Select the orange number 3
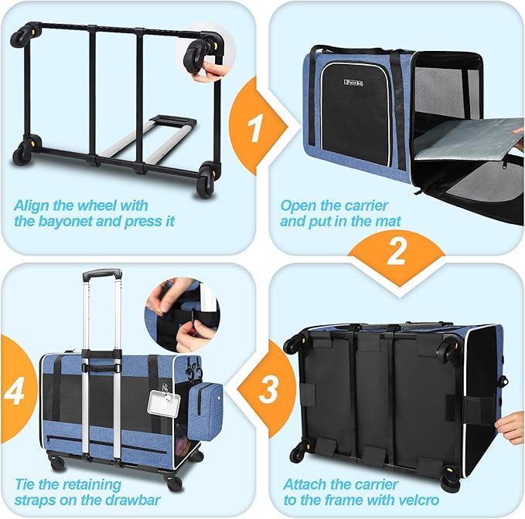tap(268, 389)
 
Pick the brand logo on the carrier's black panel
tap(353, 83)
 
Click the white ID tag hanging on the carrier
tap(164, 403)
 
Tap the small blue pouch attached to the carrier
tap(205, 412)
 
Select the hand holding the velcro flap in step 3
tap(510, 427)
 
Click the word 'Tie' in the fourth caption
tap(25, 484)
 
